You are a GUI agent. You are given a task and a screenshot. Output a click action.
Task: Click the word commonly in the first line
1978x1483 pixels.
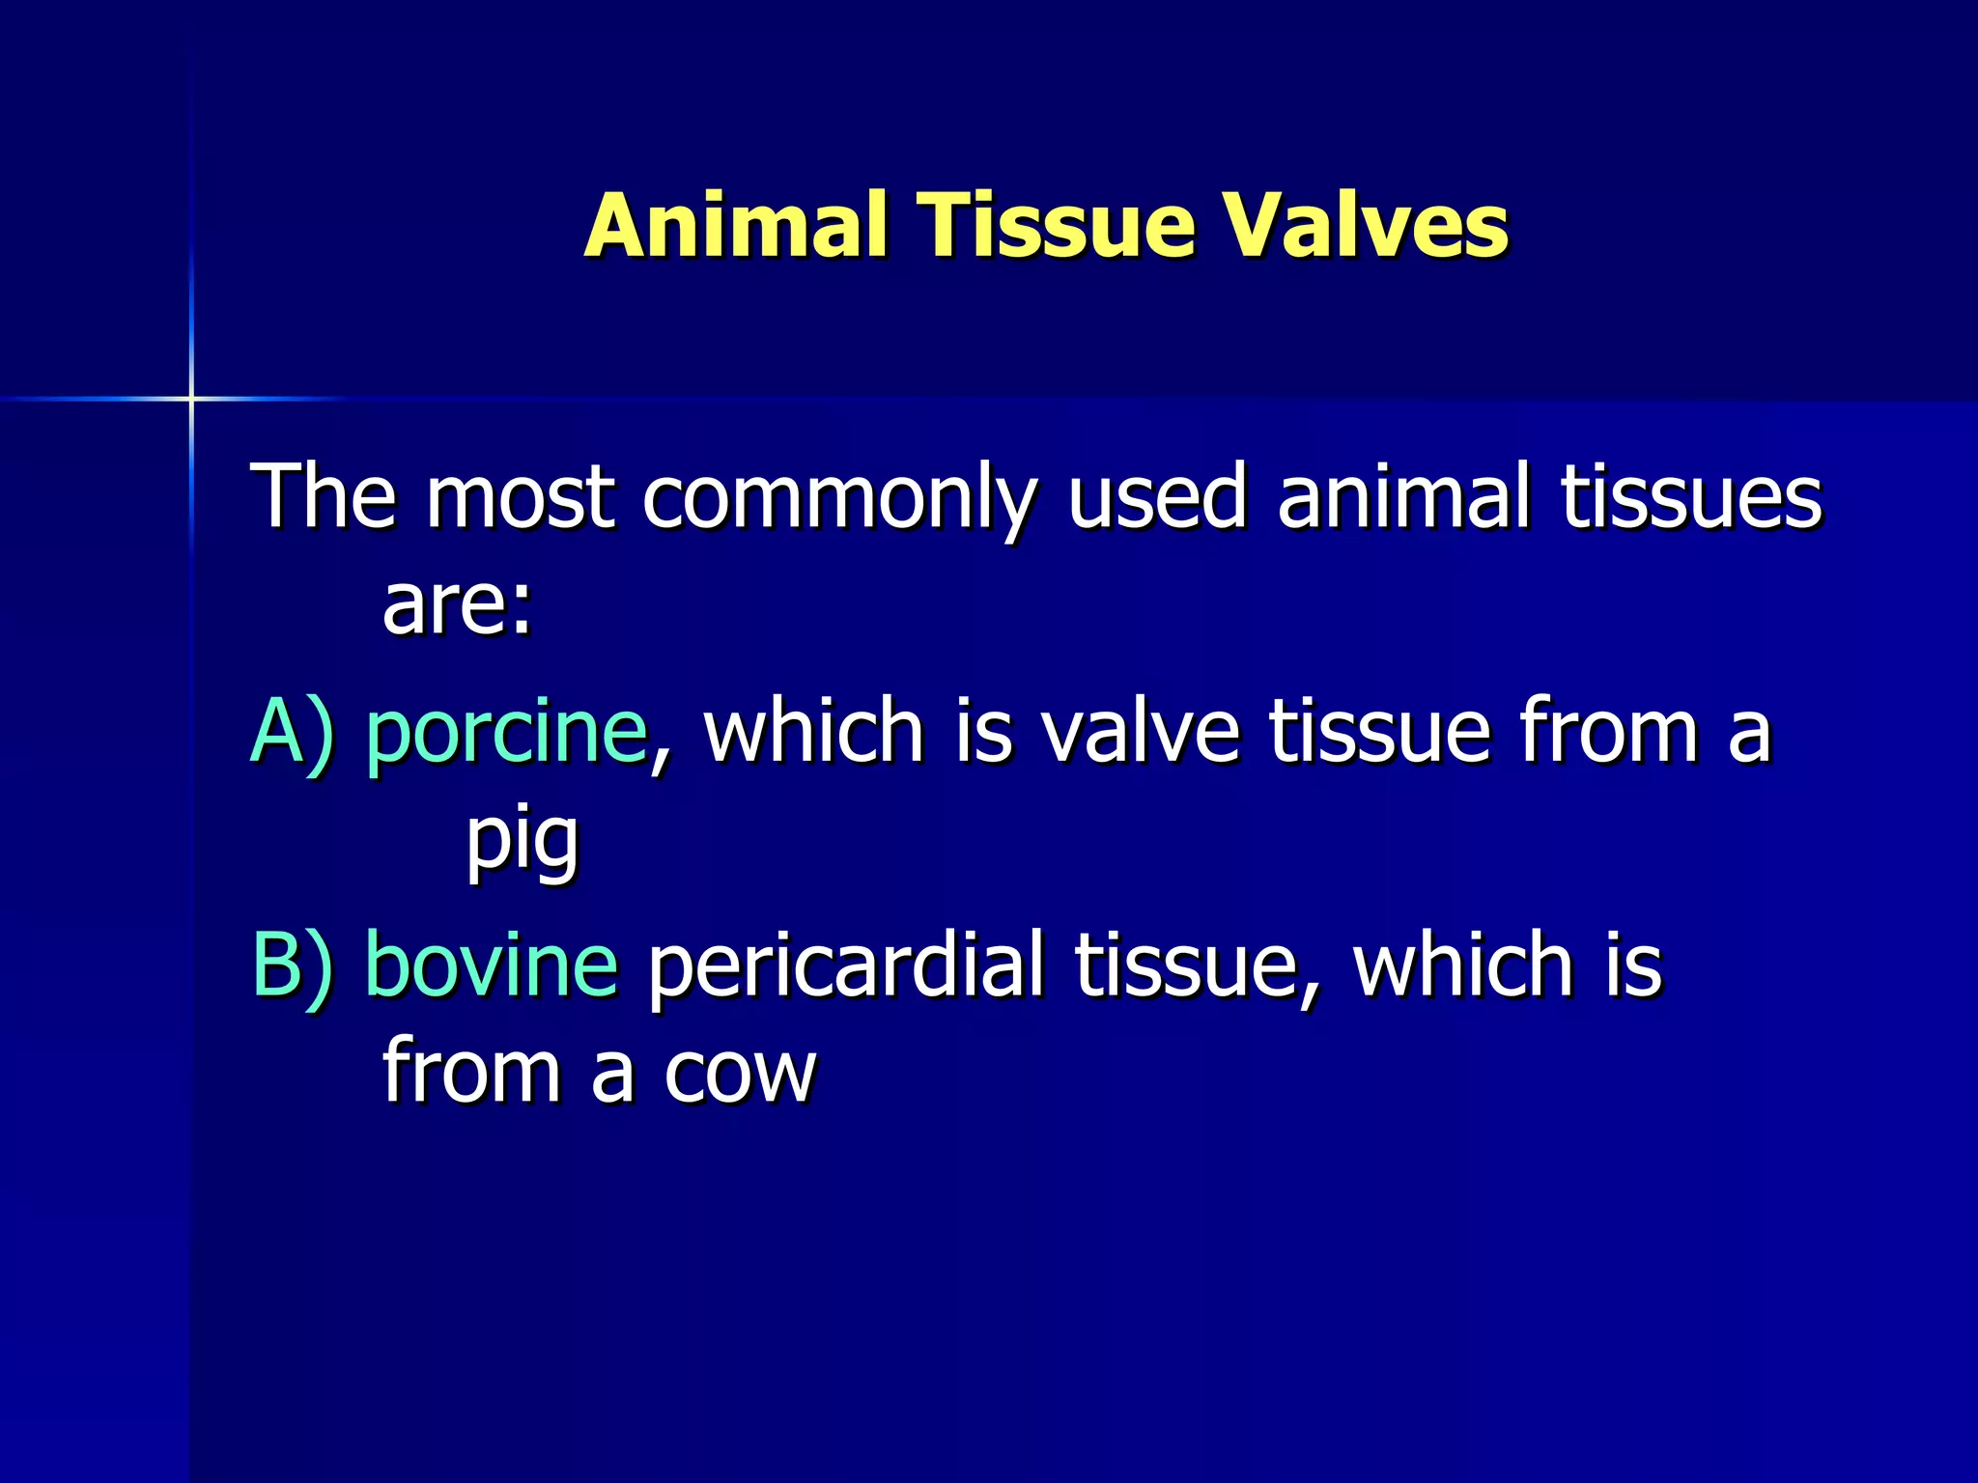click(838, 499)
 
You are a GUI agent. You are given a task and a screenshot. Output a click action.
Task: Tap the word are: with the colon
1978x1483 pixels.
click(457, 605)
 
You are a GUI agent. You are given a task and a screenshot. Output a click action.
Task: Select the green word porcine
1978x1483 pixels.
click(506, 734)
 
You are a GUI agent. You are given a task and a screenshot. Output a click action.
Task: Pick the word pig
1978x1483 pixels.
click(523, 840)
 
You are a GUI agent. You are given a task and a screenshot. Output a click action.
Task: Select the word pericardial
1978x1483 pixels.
click(845, 965)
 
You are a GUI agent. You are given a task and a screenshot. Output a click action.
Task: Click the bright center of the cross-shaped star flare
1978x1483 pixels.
click(191, 398)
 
